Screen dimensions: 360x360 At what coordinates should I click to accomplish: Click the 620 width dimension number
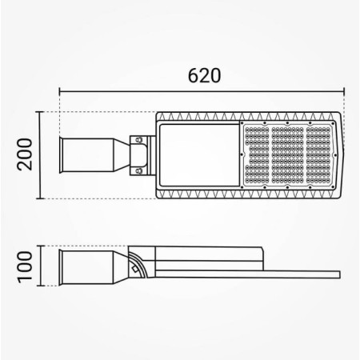pos(204,77)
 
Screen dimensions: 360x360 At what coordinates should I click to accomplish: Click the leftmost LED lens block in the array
pos(255,153)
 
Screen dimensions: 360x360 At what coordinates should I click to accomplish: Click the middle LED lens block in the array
pos(287,153)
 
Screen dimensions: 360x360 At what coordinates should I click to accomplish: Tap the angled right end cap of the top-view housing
pos(341,153)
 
